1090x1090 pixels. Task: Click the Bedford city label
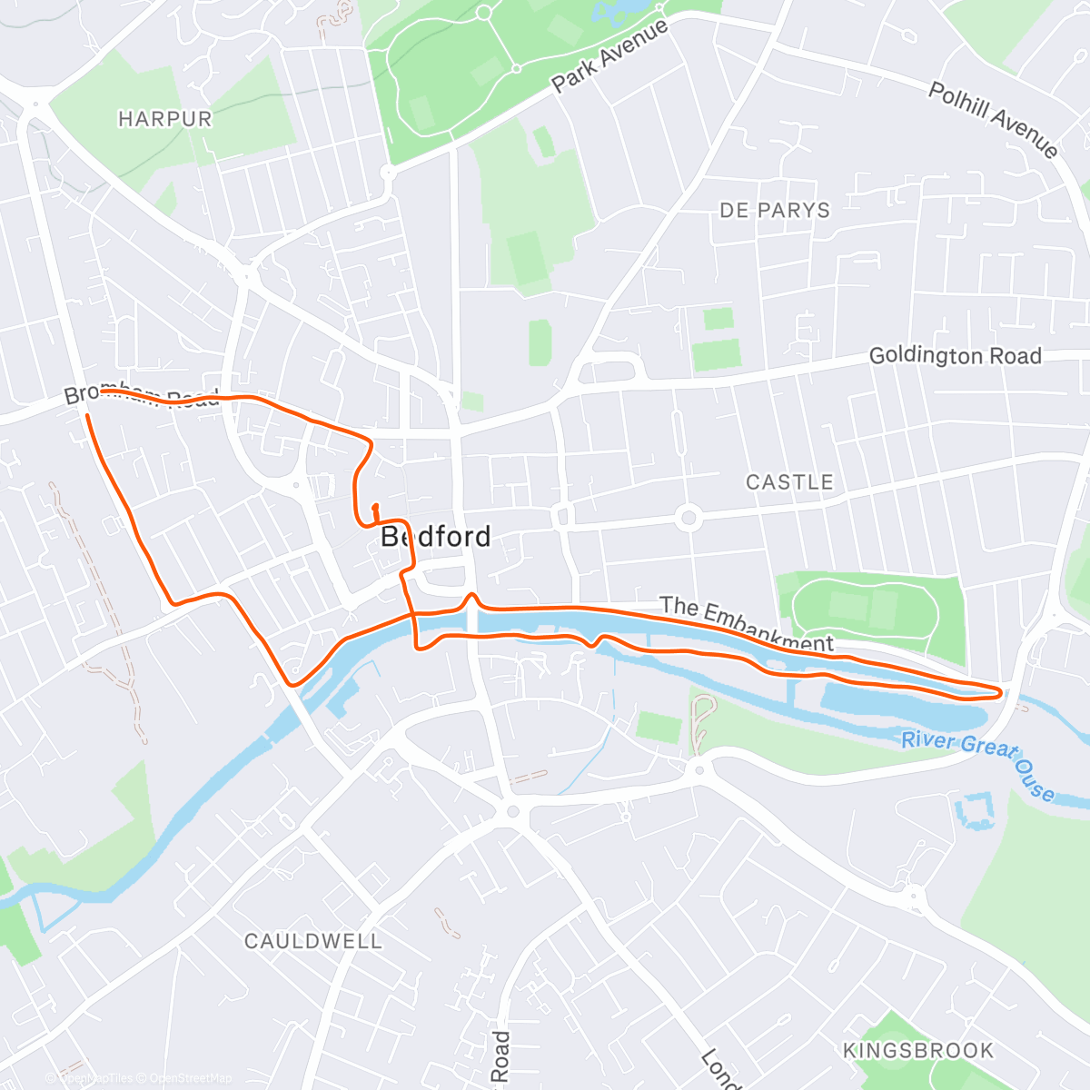pos(435,537)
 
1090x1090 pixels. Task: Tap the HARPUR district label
pos(164,119)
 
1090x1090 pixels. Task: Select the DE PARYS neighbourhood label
pos(775,211)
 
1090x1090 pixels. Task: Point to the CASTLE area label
pos(789,482)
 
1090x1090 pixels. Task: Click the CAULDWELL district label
pos(313,941)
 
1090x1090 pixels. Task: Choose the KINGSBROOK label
pos(918,1051)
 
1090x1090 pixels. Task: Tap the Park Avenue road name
pos(609,55)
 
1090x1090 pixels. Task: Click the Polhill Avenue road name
pos(993,119)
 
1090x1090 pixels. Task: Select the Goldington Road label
pos(955,356)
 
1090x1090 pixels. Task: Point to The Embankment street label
pos(746,625)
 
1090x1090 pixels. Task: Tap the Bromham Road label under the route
pos(142,395)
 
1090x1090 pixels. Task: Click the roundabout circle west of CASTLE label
pos(688,519)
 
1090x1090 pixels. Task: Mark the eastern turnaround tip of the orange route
pos(1001,693)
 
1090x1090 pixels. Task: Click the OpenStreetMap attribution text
pos(191,1078)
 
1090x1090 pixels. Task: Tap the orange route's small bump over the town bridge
pos(471,599)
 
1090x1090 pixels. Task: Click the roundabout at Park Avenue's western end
pos(389,172)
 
